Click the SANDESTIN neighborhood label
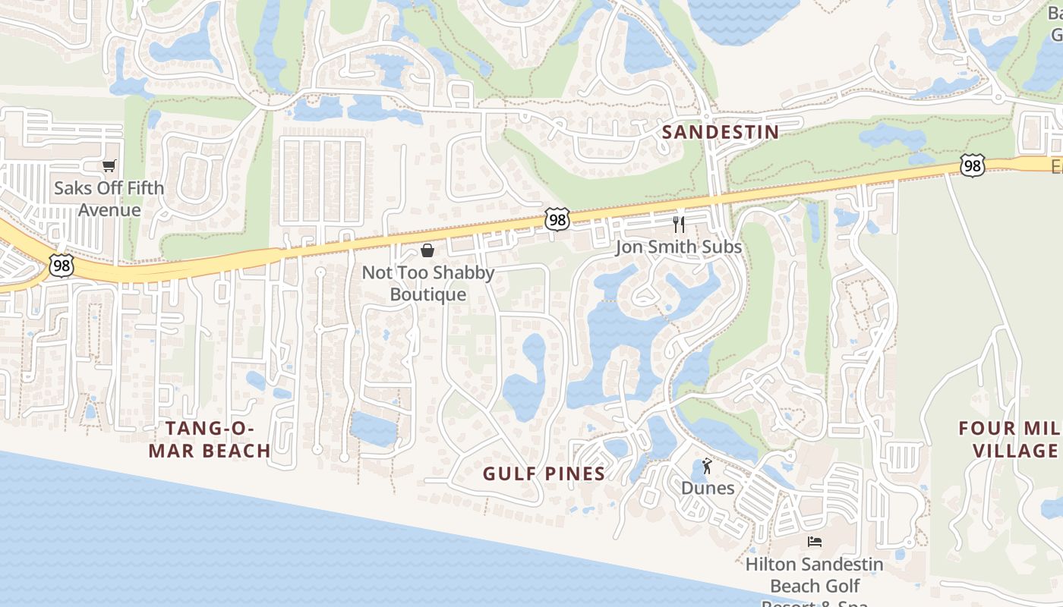coord(720,132)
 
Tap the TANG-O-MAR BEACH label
coord(209,439)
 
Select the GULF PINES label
coord(544,474)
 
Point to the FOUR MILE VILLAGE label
coord(1010,439)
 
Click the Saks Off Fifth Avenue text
coord(109,199)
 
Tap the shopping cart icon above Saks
coord(109,165)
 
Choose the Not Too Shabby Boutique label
coord(428,283)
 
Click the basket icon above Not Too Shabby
coord(427,250)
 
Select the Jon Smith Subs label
coord(678,247)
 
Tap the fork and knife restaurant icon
coord(679,225)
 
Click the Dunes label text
coord(708,488)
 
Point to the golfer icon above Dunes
coord(708,465)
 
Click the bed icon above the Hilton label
coord(815,542)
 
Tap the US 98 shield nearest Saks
coord(60,266)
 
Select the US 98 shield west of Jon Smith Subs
coord(557,219)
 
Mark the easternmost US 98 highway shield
coord(972,165)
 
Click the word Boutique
coord(428,294)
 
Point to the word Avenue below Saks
coord(109,210)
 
